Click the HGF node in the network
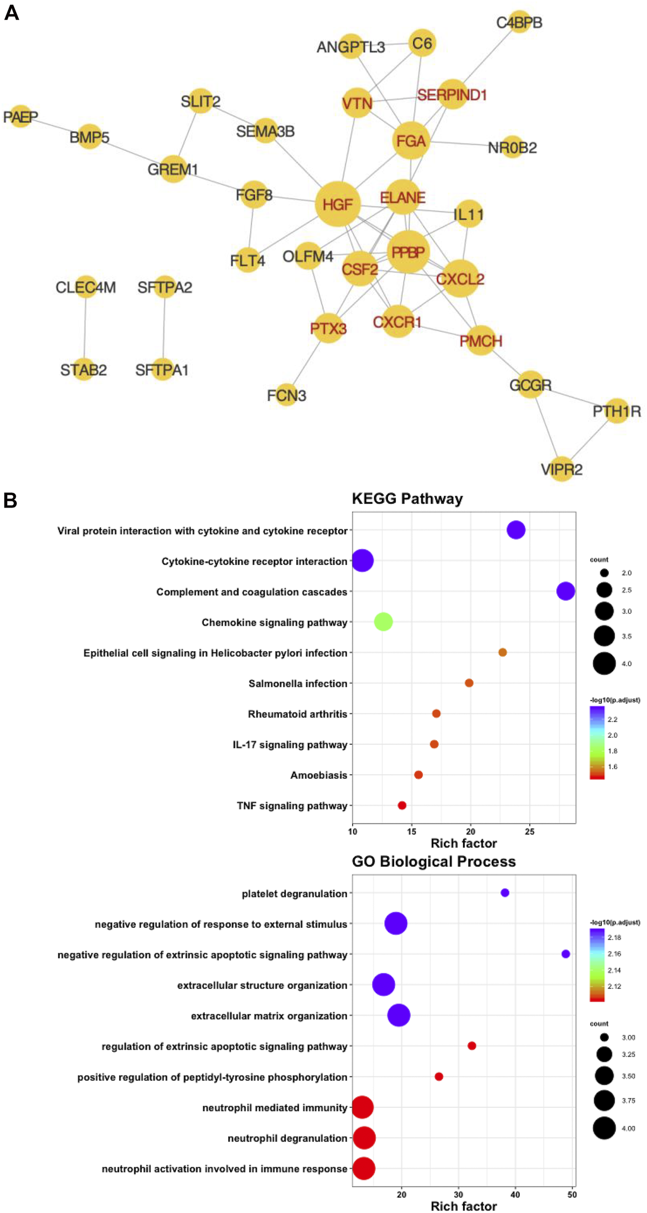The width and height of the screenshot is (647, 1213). tap(337, 204)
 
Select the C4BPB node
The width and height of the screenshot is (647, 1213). tap(519, 22)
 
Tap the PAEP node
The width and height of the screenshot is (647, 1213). tap(20, 117)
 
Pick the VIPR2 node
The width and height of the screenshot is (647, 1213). tap(561, 469)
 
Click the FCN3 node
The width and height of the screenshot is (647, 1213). tap(286, 395)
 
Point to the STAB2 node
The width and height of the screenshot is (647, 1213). tap(84, 370)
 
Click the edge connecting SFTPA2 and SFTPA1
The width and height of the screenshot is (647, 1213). tap(164, 329)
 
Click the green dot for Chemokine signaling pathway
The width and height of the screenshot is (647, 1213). tap(383, 622)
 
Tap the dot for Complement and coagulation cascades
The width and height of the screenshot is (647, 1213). tap(565, 591)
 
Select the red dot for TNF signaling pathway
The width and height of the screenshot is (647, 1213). tap(402, 805)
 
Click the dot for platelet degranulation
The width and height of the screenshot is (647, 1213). tap(505, 893)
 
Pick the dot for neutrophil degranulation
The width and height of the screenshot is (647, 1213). tap(364, 1138)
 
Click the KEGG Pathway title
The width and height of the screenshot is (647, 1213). tap(407, 498)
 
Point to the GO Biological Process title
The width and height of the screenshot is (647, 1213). tap(434, 862)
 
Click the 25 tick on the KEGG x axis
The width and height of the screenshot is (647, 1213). tap(529, 832)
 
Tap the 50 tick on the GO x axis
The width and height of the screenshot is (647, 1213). tap(572, 1194)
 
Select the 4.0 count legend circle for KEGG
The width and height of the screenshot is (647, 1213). tap(604, 663)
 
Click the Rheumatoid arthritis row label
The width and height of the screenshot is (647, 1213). tap(297, 714)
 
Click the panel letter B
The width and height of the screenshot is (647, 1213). tap(10, 501)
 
